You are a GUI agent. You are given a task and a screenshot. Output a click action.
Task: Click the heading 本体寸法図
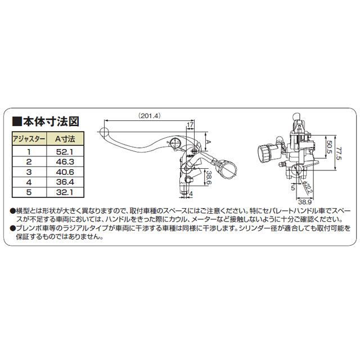coord(57,121)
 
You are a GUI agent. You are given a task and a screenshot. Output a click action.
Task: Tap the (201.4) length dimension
coord(149,116)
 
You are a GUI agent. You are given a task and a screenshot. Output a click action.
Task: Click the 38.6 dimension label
coord(208,179)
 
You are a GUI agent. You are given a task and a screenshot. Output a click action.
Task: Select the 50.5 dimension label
coord(328,148)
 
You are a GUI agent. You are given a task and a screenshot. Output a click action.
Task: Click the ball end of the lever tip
coord(102,133)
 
